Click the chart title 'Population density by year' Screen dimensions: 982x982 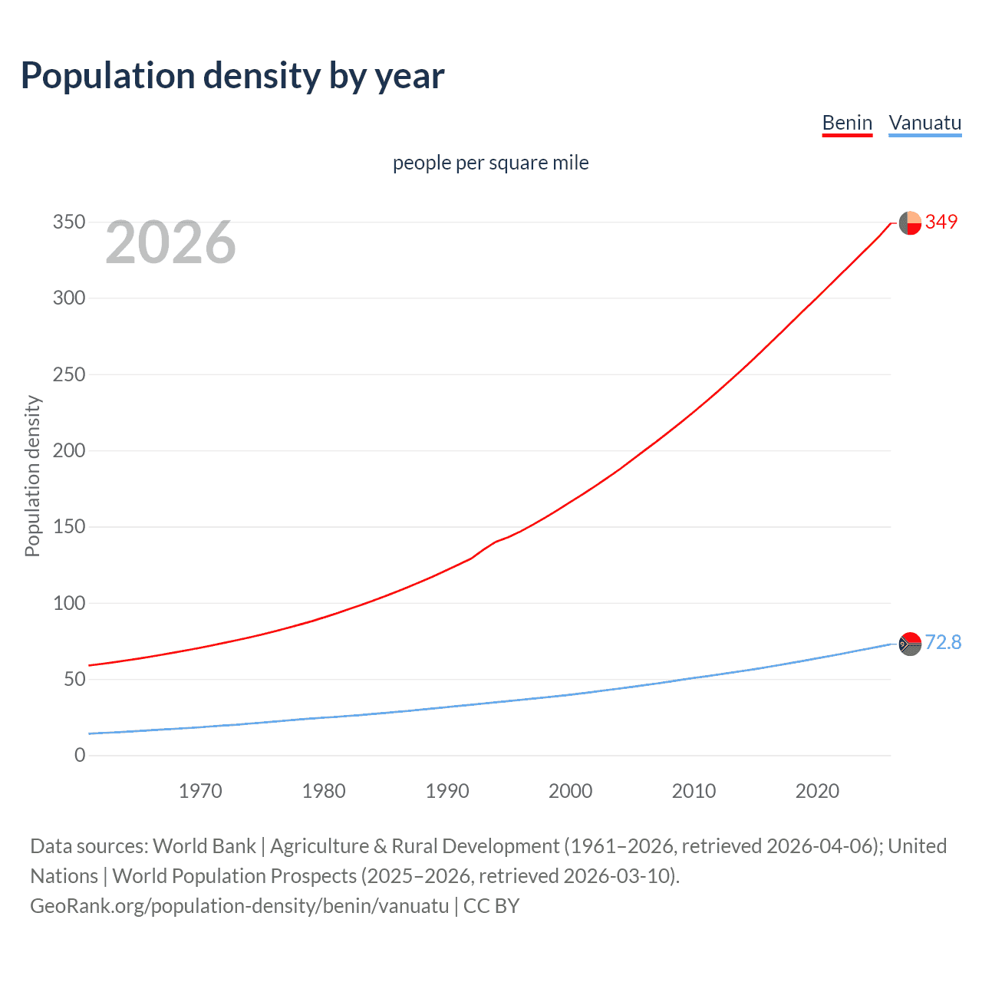coord(232,76)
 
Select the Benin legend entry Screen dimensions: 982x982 coord(847,123)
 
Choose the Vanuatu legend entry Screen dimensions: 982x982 coord(924,123)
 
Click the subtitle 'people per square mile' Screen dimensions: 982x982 coord(490,163)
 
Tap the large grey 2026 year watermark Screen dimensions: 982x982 coord(170,242)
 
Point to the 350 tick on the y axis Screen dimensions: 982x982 coord(69,222)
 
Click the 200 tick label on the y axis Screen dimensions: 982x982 coord(69,450)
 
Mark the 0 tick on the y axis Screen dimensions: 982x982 coord(80,755)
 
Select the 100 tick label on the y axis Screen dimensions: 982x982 coord(69,603)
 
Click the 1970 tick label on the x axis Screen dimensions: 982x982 coord(200,791)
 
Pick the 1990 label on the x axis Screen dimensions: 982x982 coord(447,791)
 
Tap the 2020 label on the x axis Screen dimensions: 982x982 coord(817,791)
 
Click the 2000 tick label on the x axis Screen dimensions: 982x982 coord(570,791)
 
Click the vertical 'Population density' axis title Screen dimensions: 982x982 coord(32,476)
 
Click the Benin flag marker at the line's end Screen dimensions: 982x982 coord(910,222)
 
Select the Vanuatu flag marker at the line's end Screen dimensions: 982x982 coord(910,644)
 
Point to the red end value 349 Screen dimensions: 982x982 coord(941,222)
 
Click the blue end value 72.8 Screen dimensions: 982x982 coord(943,642)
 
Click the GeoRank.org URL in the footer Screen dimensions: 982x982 coord(239,906)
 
